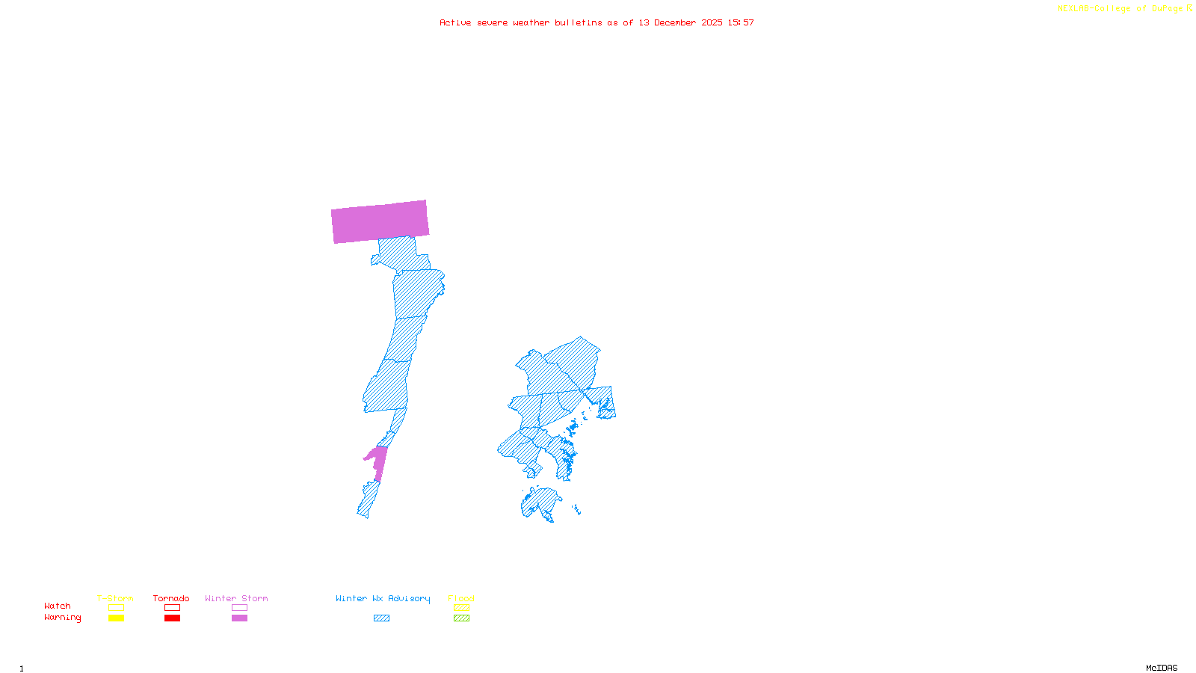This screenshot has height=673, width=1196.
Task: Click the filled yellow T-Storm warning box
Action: pos(116,618)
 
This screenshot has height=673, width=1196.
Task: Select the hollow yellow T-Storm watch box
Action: pos(116,608)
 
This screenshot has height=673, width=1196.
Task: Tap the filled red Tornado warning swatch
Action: pos(172,618)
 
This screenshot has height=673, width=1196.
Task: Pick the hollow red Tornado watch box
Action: pos(172,608)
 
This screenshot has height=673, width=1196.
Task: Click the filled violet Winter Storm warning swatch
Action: pos(239,618)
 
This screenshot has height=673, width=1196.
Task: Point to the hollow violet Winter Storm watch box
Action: pos(239,608)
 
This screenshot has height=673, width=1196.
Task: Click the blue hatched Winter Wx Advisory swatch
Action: pos(381,618)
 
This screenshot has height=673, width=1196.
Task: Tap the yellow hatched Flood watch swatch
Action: pos(461,608)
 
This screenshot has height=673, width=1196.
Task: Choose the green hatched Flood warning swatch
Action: pos(461,618)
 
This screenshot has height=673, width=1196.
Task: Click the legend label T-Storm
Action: pos(115,598)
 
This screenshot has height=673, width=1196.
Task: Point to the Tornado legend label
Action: pos(171,598)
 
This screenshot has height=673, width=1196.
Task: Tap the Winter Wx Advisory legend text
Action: pos(383,598)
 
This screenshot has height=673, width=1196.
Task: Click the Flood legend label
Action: pos(461,598)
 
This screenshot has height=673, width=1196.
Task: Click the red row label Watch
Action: pos(58,606)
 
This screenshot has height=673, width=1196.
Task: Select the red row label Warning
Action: pos(63,618)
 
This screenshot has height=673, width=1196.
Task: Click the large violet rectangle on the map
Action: pos(380,221)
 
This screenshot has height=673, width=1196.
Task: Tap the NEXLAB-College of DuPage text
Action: pos(1121,9)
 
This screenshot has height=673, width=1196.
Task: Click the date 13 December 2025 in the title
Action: pos(680,22)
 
